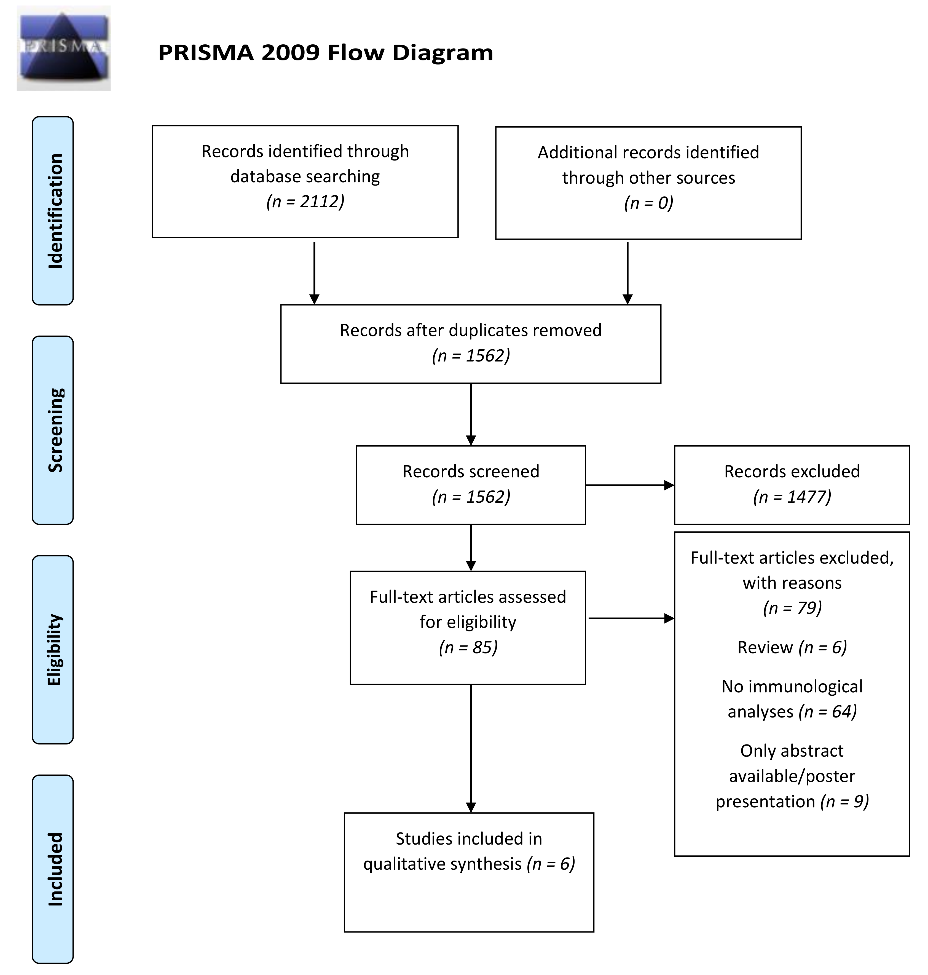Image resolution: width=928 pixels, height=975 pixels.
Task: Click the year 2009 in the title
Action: [x=291, y=52]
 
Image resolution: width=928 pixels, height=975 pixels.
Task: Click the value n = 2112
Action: [x=305, y=201]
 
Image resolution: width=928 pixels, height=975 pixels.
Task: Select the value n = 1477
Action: [x=792, y=497]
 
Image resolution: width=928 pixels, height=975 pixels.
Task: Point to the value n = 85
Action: [x=468, y=647]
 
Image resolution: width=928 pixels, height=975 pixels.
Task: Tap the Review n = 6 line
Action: [x=792, y=647]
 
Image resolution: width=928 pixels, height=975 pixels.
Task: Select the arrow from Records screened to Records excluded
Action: [x=629, y=485]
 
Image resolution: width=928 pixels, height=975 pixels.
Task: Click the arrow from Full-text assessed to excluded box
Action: [x=631, y=618]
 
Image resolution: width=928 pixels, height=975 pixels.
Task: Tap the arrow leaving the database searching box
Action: [x=314, y=272]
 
